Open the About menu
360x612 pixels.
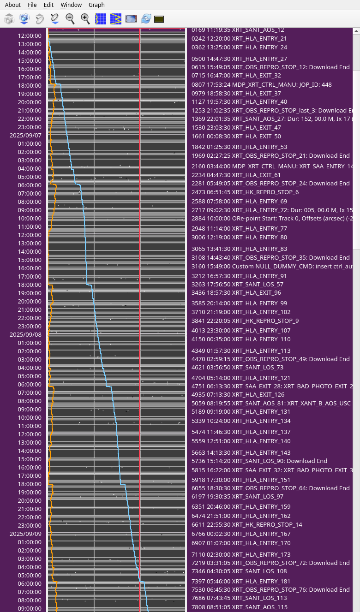[12, 5]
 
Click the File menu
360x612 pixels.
[32, 5]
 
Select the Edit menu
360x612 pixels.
[48, 5]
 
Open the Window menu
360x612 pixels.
[71, 5]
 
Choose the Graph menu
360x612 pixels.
[96, 5]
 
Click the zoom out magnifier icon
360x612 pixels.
[70, 19]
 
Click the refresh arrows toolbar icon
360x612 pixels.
[146, 19]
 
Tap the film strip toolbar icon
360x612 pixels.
[131, 19]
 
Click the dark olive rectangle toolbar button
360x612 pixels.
[159, 19]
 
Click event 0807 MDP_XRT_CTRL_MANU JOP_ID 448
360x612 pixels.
[261, 85]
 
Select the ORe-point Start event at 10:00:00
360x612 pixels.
[272, 218]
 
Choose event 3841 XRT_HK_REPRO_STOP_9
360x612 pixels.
[245, 321]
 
